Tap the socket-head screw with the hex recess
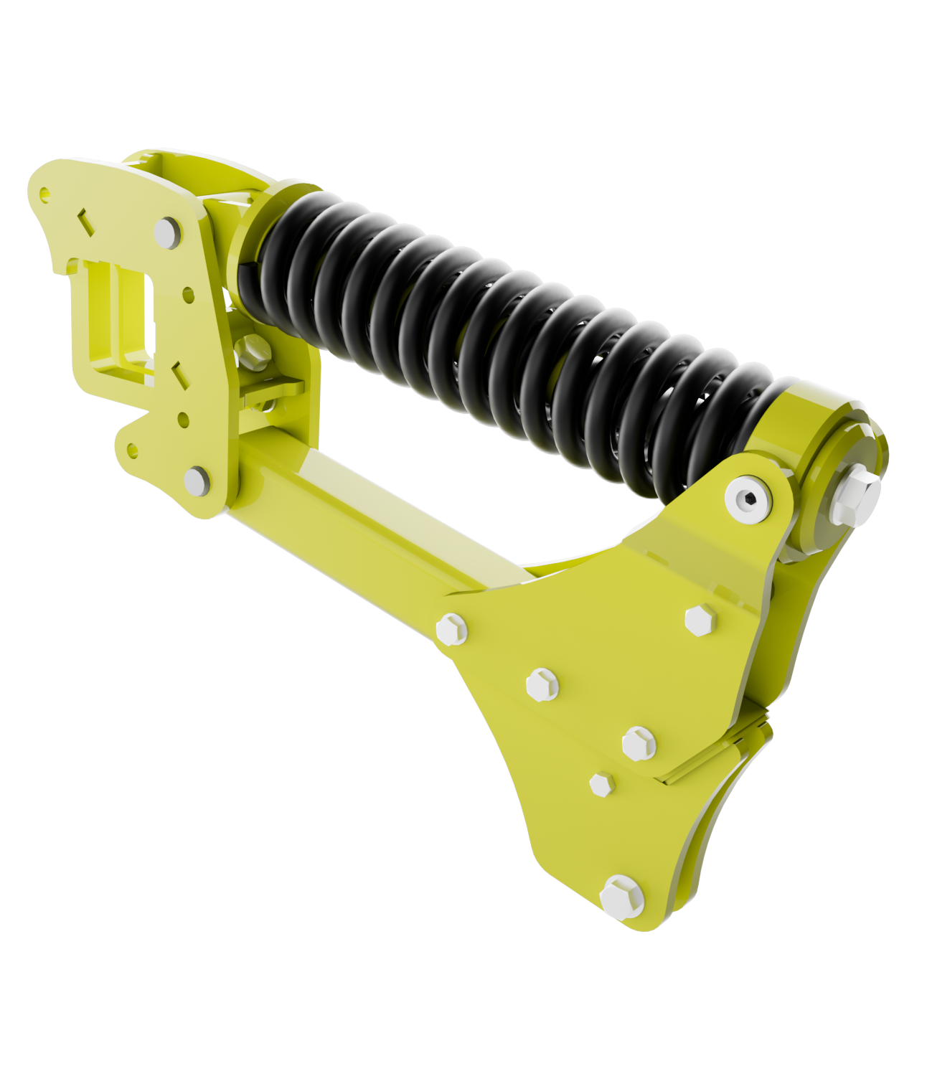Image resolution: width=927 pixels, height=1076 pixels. tap(748, 497)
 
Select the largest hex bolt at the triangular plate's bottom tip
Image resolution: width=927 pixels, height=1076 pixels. tap(621, 897)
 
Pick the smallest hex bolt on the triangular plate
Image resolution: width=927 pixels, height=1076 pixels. tap(601, 784)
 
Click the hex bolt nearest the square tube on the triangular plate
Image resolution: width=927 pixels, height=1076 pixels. tap(451, 629)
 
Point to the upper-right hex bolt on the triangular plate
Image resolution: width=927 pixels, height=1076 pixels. tap(700, 620)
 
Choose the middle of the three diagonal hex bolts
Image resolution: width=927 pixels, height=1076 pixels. tap(542, 684)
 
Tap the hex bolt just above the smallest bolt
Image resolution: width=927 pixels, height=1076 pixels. tap(638, 743)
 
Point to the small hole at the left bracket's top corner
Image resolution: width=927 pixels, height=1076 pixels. tap(45, 192)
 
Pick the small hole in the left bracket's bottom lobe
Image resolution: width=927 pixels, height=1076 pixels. tap(132, 450)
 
